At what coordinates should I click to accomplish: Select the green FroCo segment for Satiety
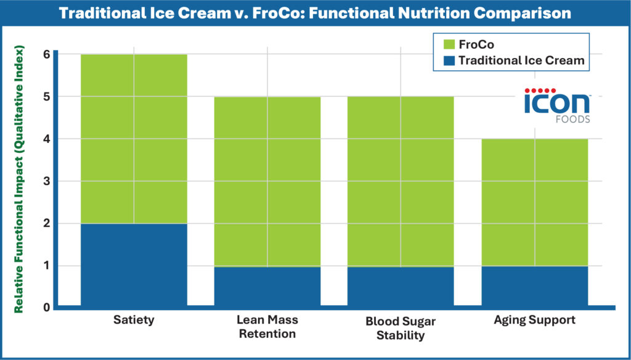(134, 139)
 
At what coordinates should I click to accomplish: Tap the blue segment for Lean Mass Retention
(267, 285)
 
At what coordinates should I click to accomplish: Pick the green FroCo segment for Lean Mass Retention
(267, 181)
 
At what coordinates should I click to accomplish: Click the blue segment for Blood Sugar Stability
(401, 285)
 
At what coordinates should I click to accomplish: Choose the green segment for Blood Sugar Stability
(401, 181)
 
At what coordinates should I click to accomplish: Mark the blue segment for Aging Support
(534, 285)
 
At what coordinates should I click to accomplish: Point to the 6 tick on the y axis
(46, 54)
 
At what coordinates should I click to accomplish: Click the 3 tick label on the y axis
(46, 181)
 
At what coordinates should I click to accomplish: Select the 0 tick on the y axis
(46, 306)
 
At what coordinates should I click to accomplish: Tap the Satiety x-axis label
(134, 320)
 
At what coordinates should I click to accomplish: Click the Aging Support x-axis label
(534, 320)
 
